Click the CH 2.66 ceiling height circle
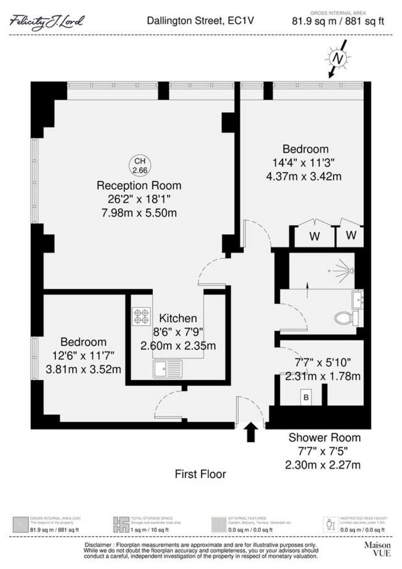point(139,165)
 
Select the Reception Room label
point(139,185)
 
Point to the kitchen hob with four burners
point(141,316)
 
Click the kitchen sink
point(167,368)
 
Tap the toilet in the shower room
point(347,318)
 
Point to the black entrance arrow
point(251,432)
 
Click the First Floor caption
point(201,474)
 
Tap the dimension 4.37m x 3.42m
point(304,176)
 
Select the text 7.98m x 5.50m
point(139,212)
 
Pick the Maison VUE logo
point(377,549)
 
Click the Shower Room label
point(325,437)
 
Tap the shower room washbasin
point(357,299)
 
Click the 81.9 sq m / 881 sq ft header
point(338,20)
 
